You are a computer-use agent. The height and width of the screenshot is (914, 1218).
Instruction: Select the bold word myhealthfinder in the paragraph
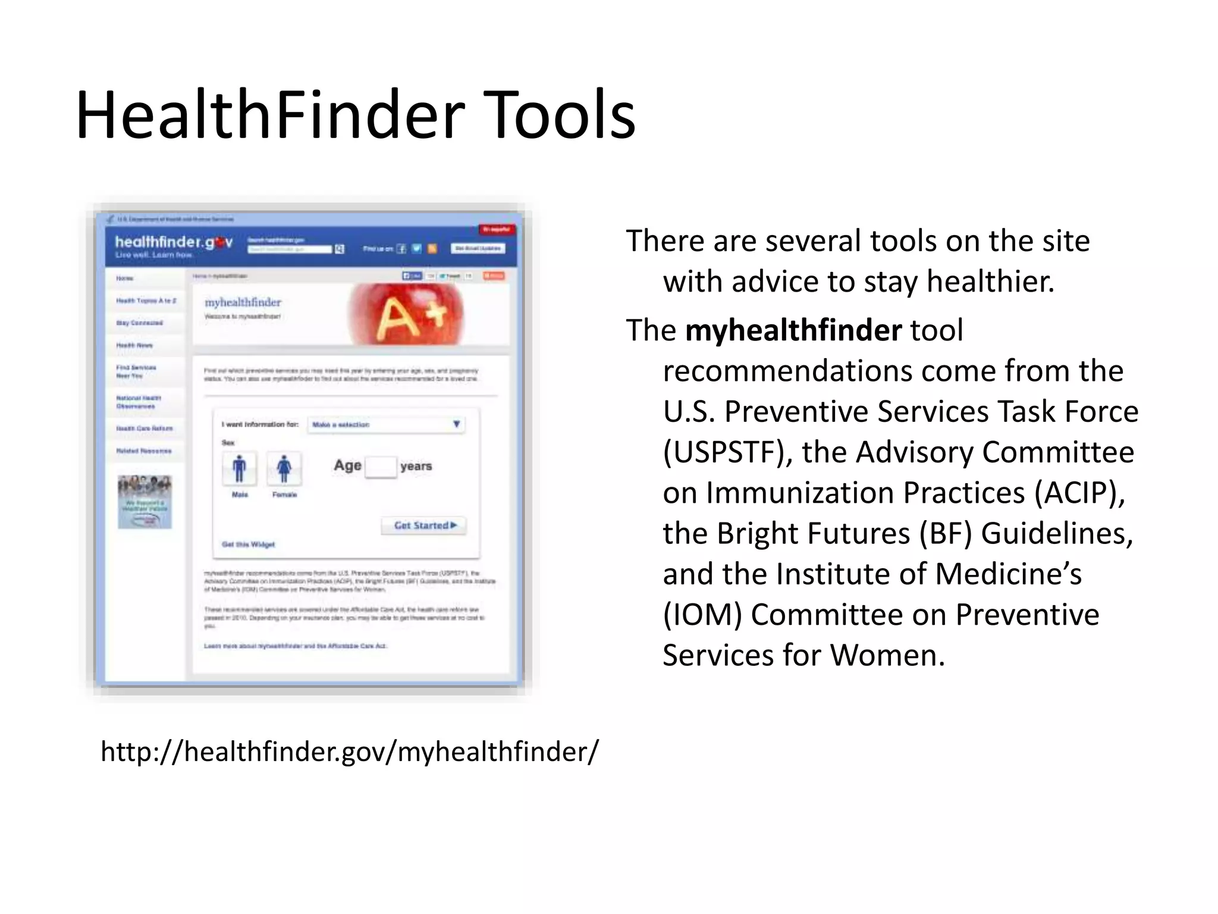[793, 330]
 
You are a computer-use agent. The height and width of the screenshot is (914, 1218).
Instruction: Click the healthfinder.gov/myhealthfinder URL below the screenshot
[350, 751]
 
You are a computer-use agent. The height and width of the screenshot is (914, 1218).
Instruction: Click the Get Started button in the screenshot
[424, 525]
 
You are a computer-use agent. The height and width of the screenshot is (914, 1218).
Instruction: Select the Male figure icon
[239, 468]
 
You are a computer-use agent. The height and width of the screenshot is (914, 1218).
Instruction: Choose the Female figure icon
[284, 468]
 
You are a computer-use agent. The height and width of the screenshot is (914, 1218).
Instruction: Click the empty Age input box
[381, 467]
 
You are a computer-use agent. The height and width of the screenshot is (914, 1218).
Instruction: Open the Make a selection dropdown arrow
[456, 424]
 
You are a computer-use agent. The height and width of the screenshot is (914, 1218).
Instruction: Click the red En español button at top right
[497, 230]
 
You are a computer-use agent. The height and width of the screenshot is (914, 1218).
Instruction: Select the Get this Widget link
[248, 544]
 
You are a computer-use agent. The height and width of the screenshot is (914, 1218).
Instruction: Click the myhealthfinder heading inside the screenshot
[243, 302]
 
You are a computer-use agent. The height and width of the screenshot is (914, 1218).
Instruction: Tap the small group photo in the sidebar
[145, 501]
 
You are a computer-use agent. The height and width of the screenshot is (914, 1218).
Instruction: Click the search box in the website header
[290, 249]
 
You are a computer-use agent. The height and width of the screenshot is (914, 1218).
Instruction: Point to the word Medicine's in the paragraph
[1008, 574]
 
